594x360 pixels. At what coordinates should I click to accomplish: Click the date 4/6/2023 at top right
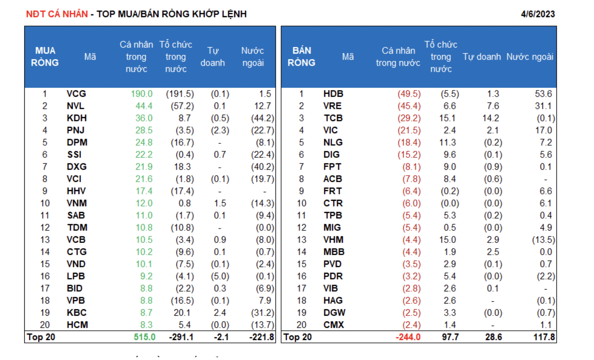coord(537,14)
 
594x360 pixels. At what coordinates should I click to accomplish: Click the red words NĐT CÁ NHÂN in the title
coord(57,14)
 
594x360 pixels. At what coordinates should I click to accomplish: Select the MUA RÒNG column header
coord(45,57)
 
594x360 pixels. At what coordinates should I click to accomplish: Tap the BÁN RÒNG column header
coord(301,57)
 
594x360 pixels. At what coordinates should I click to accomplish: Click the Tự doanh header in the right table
coord(482,57)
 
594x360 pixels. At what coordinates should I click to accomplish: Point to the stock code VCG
coord(76,94)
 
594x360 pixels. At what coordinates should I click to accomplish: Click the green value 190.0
coord(142,94)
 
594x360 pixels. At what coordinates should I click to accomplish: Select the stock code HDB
coord(333,94)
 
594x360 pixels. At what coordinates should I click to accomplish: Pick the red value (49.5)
coord(409,94)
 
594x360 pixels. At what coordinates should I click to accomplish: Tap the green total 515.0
coord(145,337)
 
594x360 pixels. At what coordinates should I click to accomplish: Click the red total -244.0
coord(408,337)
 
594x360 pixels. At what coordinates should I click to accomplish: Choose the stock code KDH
coord(77,118)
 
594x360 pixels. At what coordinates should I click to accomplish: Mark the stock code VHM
coord(333,240)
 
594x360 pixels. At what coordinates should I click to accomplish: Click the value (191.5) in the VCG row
coord(180,94)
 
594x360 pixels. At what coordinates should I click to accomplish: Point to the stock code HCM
coord(77,325)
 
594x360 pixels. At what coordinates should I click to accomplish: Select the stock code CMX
coord(333,325)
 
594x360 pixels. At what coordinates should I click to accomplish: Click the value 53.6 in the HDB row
coord(543,94)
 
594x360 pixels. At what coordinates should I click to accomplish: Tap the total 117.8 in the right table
coord(544,337)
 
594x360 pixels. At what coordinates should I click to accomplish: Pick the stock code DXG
coord(77,167)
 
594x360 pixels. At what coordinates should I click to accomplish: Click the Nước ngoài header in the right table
coord(530,57)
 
